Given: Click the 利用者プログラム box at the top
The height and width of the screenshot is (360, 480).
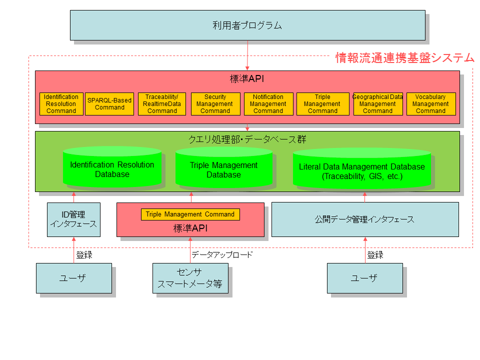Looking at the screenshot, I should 247,25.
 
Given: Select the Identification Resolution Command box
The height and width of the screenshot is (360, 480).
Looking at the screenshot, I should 61,104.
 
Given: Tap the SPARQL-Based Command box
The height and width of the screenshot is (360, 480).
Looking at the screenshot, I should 109,104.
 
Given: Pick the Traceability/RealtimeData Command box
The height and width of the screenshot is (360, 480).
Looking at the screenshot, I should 162,104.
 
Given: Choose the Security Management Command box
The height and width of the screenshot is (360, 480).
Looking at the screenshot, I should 215,104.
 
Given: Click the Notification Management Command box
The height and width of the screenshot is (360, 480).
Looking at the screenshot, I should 268,104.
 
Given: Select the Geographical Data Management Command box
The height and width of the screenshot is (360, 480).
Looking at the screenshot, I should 377,104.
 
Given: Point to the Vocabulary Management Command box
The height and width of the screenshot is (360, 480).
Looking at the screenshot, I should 430,104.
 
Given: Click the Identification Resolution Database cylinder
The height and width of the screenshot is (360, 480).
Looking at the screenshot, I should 112,169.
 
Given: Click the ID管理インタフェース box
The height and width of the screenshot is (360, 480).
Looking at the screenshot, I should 73,219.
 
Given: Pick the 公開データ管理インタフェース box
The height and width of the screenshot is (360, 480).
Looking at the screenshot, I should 364,219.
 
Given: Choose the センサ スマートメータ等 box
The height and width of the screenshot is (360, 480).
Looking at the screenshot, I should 189,278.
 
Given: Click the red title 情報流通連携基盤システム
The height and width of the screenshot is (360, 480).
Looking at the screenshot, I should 404,58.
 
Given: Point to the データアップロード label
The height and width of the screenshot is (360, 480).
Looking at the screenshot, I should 222,254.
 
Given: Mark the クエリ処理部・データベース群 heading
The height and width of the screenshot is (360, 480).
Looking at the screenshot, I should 247,139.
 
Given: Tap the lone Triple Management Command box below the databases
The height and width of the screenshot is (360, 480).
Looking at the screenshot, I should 190,214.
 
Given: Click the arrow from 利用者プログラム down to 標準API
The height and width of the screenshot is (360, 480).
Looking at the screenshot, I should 247,55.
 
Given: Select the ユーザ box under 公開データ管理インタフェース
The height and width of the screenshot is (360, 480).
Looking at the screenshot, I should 364,278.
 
